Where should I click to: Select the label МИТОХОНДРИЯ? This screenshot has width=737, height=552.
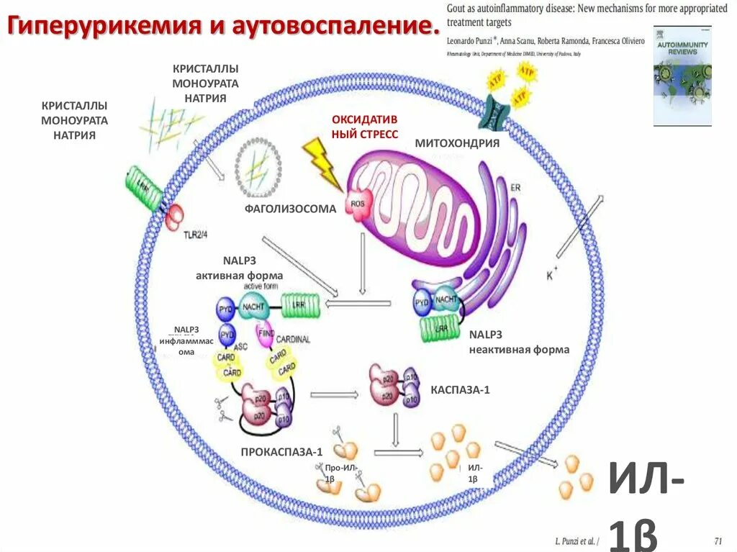point(457,143)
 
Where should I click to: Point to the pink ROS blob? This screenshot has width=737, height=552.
point(358,204)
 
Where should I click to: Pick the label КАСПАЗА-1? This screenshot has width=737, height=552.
point(460,389)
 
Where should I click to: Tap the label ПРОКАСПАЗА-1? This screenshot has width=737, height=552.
point(281,452)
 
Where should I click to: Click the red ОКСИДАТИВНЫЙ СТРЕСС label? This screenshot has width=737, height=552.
point(364,126)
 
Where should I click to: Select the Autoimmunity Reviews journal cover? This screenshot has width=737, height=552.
point(682,76)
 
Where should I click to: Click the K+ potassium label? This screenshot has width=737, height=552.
point(552,275)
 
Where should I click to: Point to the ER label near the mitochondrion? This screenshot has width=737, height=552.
point(515,189)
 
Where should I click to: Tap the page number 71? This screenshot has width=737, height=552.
point(717,540)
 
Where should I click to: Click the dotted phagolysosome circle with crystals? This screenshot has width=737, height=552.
point(258,168)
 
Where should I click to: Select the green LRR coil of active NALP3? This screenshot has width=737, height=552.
point(296,304)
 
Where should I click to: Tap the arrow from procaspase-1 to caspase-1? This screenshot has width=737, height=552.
point(334,394)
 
